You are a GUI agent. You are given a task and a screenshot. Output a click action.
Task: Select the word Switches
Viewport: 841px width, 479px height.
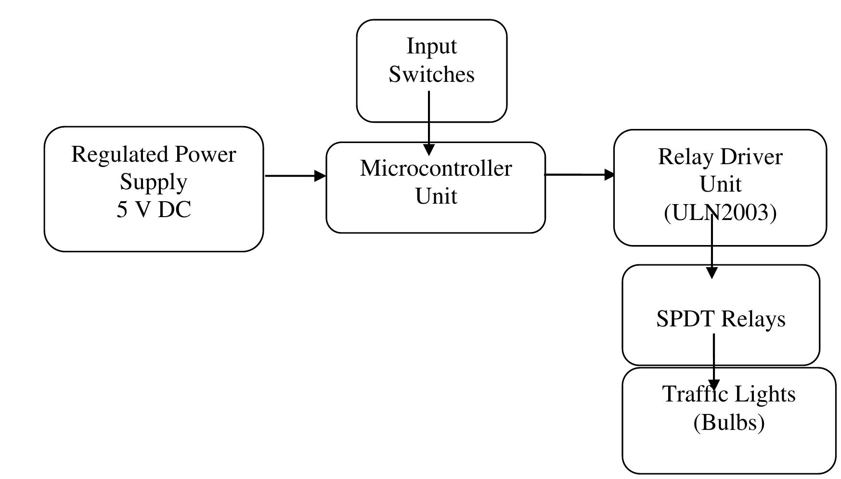431,75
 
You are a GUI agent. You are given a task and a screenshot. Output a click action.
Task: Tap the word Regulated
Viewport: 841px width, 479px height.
121,155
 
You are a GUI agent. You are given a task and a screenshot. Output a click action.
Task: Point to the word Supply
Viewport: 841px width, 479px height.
154,182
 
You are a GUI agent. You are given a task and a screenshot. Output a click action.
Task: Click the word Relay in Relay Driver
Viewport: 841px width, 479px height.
679,157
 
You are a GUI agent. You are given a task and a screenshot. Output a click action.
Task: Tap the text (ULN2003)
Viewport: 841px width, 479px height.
720,212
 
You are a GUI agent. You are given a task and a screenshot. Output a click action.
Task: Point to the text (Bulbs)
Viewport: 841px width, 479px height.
729,422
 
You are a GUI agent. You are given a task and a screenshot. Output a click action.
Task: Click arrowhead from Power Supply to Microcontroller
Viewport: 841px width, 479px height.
320,176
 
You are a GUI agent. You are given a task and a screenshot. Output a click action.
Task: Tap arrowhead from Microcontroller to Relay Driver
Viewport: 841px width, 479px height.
610,174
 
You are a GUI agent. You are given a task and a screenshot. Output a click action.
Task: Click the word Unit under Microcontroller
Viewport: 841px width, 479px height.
436,196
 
